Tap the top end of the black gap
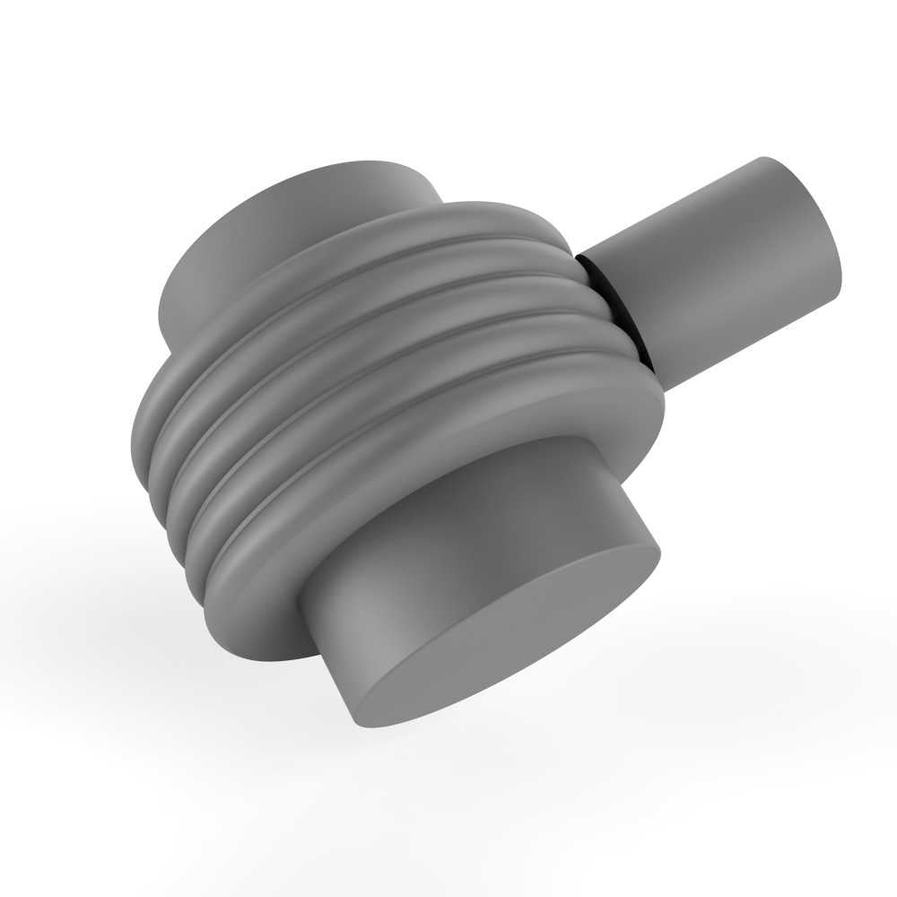tap(580, 255)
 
